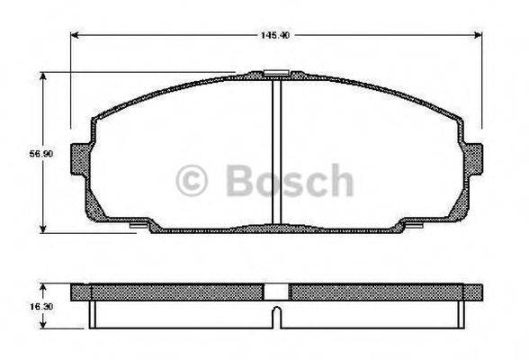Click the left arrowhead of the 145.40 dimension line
click(75, 36)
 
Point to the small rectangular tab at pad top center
click(278, 71)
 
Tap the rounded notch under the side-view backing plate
click(278, 317)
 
